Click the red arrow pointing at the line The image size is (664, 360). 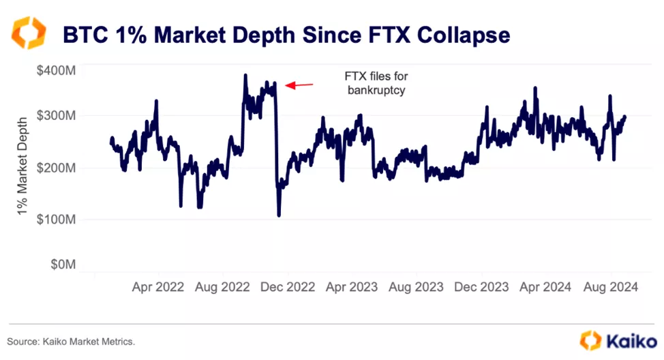299,85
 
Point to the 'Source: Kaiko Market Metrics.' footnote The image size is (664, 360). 71,340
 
